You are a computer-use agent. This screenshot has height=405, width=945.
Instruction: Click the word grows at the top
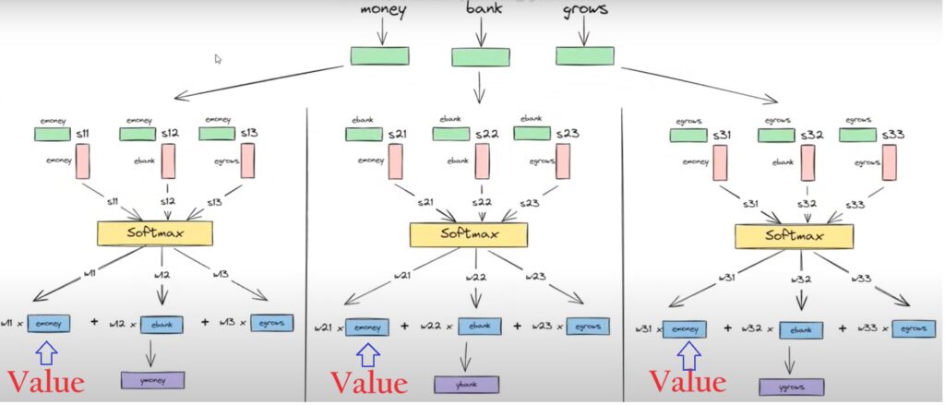point(584,11)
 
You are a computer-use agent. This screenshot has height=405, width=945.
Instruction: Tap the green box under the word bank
point(479,57)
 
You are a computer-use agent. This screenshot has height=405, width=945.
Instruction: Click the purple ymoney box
point(152,380)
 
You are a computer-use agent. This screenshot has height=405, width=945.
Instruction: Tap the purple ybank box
point(467,384)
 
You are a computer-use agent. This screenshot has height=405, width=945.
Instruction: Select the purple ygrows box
point(792,387)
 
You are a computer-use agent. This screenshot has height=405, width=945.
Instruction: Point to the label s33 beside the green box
point(893,135)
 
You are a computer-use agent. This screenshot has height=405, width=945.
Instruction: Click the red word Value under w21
point(368,382)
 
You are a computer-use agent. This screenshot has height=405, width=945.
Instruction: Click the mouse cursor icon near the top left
point(218,59)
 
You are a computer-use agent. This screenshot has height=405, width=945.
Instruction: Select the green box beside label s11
point(52,135)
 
